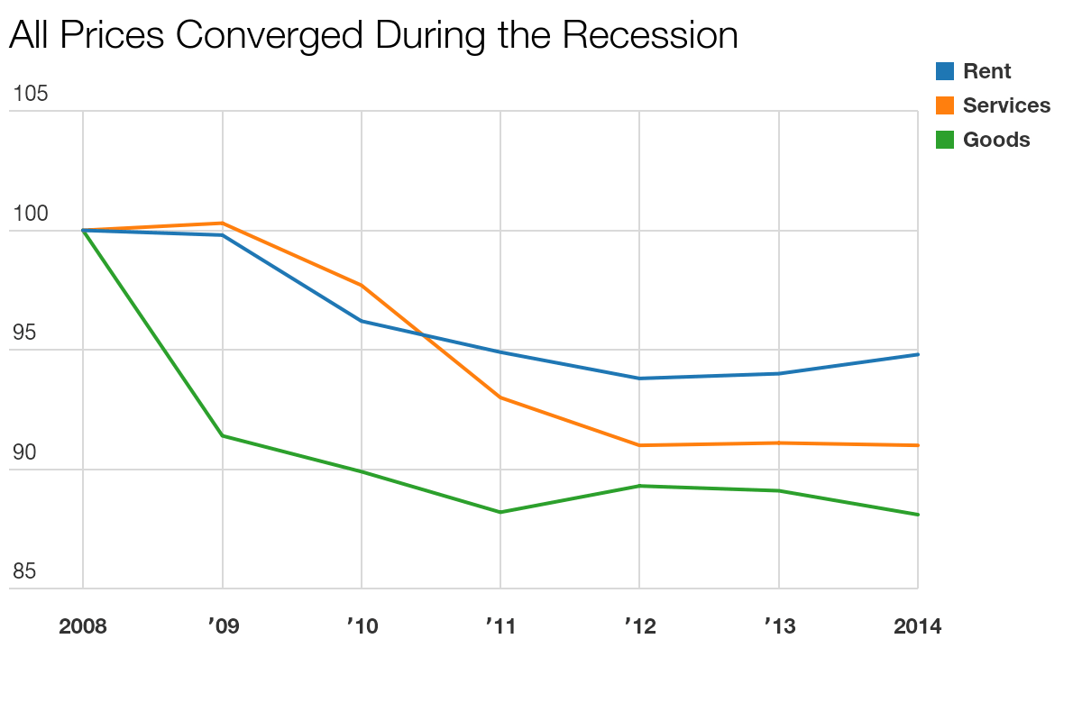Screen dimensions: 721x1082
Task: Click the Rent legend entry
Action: pos(987,71)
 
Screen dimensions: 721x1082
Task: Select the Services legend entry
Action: pos(1006,105)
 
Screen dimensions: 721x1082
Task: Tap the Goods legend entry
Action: pos(996,140)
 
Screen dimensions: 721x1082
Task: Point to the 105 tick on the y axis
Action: pos(30,94)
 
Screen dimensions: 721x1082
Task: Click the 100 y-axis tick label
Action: pos(30,214)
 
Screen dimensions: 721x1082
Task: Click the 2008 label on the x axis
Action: pos(83,626)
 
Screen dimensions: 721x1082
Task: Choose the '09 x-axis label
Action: pos(222,626)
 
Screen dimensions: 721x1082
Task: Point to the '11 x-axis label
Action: pos(500,626)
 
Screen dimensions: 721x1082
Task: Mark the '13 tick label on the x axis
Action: pos(779,626)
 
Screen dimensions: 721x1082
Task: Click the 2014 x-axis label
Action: pos(917,626)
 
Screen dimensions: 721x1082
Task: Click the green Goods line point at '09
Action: pos(222,436)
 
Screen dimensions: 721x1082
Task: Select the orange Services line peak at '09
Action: pos(222,223)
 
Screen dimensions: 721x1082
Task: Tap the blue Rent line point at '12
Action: pos(639,379)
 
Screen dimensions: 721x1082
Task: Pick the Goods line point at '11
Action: pos(500,512)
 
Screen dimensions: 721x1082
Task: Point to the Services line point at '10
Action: pos(362,285)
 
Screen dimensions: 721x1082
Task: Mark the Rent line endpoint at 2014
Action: pos(917,354)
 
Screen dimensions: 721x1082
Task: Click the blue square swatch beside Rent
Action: pos(945,71)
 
